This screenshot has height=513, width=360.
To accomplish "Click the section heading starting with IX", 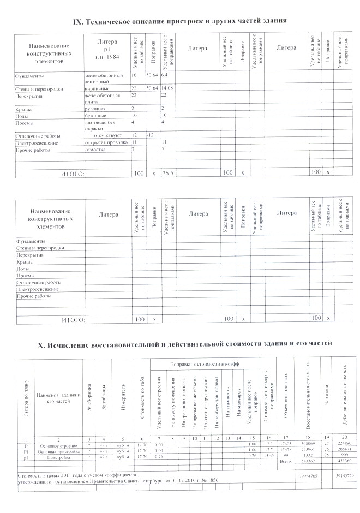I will [x=180, y=21].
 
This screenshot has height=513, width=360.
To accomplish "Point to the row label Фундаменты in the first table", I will [x=30, y=74].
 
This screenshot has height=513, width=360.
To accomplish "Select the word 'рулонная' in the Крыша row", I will [x=95, y=109].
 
